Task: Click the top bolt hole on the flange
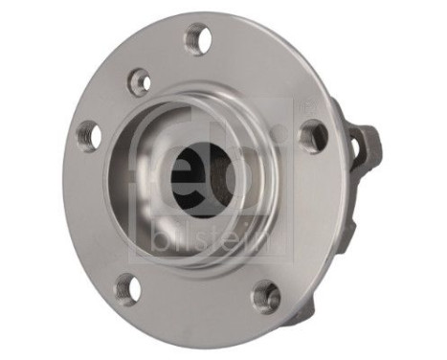pos(199,39)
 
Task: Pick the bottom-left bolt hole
pos(126,287)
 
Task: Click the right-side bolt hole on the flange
pos(312,136)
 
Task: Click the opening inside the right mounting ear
pos(358,146)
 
